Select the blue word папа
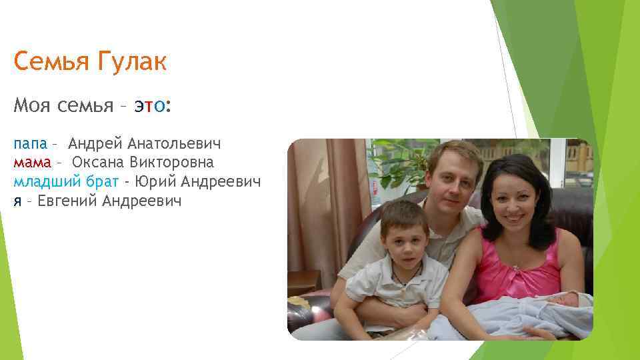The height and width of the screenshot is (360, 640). (30, 143)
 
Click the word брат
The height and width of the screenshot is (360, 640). (100, 181)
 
